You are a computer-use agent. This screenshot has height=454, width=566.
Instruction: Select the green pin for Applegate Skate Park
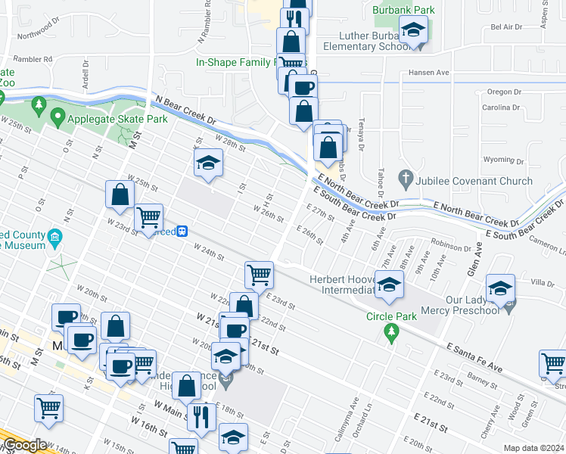pos(58,118)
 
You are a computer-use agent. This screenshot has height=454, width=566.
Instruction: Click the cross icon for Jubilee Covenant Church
pos(406,180)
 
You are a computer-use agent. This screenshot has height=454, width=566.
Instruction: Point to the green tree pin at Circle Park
pos(391,331)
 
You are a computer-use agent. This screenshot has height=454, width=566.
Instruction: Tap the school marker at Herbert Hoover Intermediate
pos(389,286)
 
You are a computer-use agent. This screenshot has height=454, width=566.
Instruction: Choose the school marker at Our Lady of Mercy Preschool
pos(500,289)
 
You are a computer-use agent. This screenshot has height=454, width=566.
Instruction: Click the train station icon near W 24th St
pos(182,232)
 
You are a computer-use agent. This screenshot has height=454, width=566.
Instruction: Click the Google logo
pos(25,446)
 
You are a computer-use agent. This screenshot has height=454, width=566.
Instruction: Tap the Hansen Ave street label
pos(428,73)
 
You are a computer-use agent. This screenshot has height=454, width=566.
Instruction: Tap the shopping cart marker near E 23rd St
pos(259,275)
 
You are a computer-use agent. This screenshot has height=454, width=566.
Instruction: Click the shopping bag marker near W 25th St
pos(120,196)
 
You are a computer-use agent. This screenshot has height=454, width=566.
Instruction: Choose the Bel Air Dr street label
pos(506,26)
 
